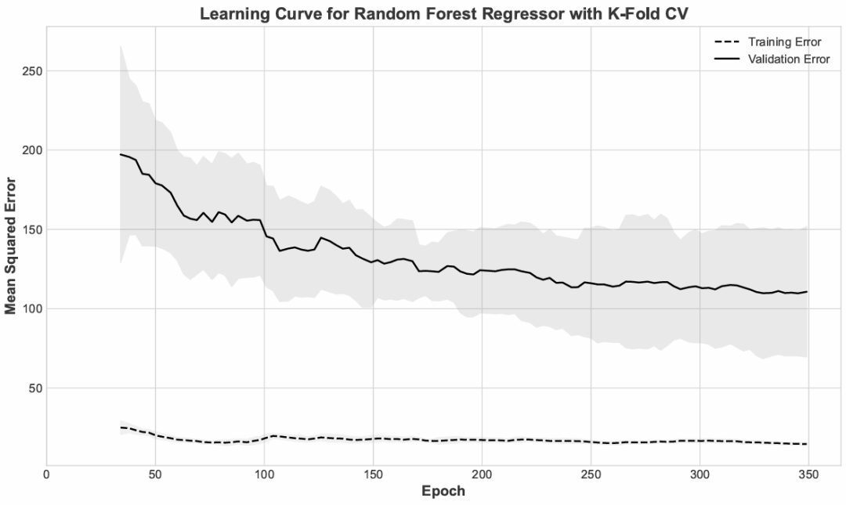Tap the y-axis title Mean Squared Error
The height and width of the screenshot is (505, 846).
[11, 245]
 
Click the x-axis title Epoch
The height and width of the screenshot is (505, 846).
[443, 492]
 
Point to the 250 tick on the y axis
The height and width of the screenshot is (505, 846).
[32, 71]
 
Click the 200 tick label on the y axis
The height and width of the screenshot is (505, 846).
[32, 150]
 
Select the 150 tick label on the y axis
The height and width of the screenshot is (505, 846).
[32, 229]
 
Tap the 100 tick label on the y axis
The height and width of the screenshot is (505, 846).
[32, 308]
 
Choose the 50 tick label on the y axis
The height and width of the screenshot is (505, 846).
[35, 388]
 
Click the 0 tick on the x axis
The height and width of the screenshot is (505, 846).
[47, 474]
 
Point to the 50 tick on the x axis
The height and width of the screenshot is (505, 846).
[155, 474]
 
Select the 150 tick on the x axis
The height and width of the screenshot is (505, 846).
[373, 474]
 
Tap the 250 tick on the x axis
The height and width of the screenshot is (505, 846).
[591, 474]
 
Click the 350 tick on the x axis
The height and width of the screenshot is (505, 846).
[808, 474]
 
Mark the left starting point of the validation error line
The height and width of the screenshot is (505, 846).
[121, 154]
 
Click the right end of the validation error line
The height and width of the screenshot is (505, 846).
[807, 292]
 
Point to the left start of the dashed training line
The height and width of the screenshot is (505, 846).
[121, 427]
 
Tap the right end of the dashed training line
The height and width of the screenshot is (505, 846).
[807, 444]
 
